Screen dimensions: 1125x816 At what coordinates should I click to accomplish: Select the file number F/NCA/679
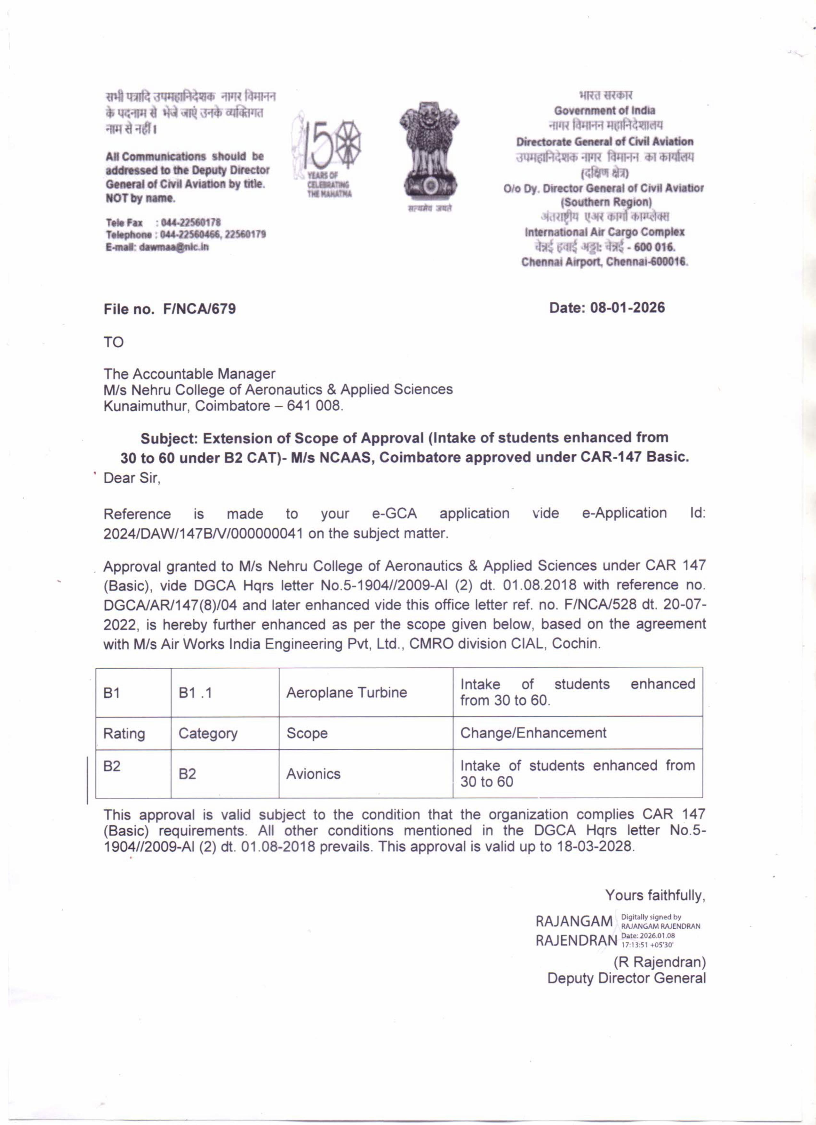[x=199, y=309]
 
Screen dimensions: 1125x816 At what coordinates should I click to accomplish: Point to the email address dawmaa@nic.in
[x=174, y=247]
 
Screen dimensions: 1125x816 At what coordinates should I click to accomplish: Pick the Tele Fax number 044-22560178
[x=191, y=223]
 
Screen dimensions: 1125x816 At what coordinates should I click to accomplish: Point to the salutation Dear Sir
[x=132, y=478]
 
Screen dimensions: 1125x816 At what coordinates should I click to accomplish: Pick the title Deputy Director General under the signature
[x=626, y=978]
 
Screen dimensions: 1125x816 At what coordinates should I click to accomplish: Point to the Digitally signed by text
[x=651, y=917]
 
